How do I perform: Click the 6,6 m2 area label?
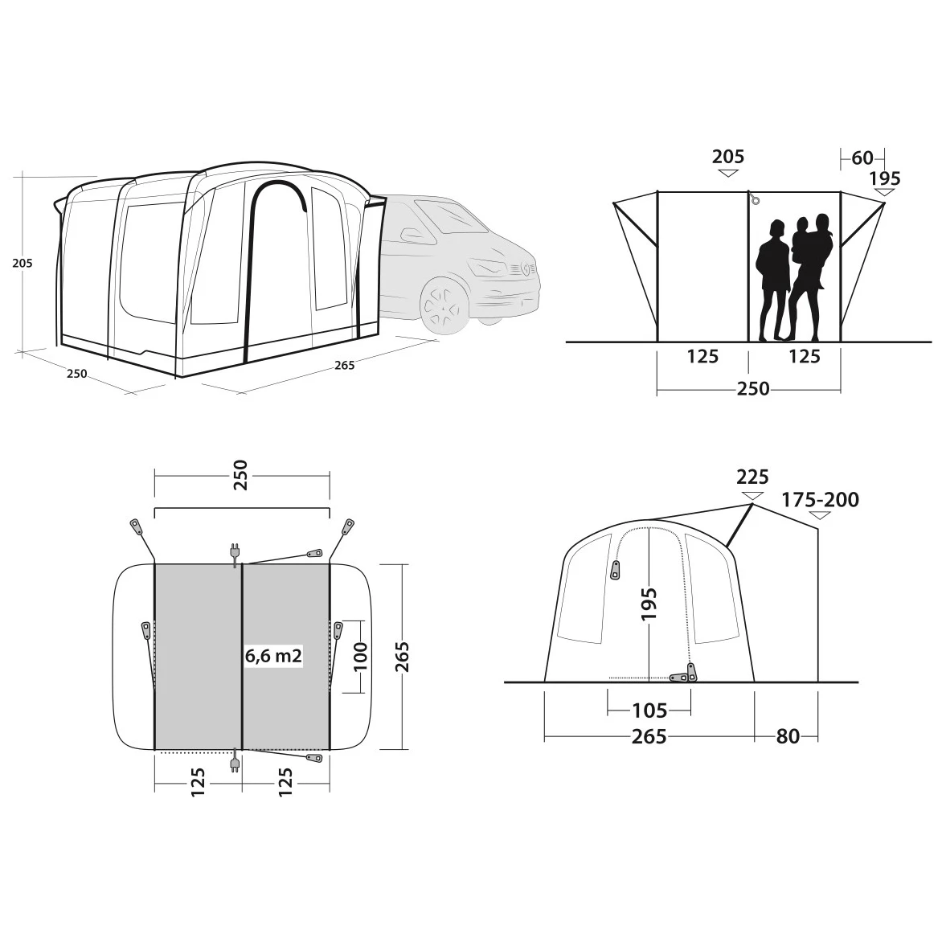pos(273,655)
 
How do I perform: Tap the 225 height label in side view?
pos(752,477)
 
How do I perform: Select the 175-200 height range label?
pos(820,500)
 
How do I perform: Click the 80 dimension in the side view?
pos(788,736)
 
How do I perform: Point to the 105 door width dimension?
pos(649,711)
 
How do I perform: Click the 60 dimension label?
pos(862,158)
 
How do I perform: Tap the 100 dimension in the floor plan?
pos(359,656)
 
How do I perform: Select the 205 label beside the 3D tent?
pos(23,263)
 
